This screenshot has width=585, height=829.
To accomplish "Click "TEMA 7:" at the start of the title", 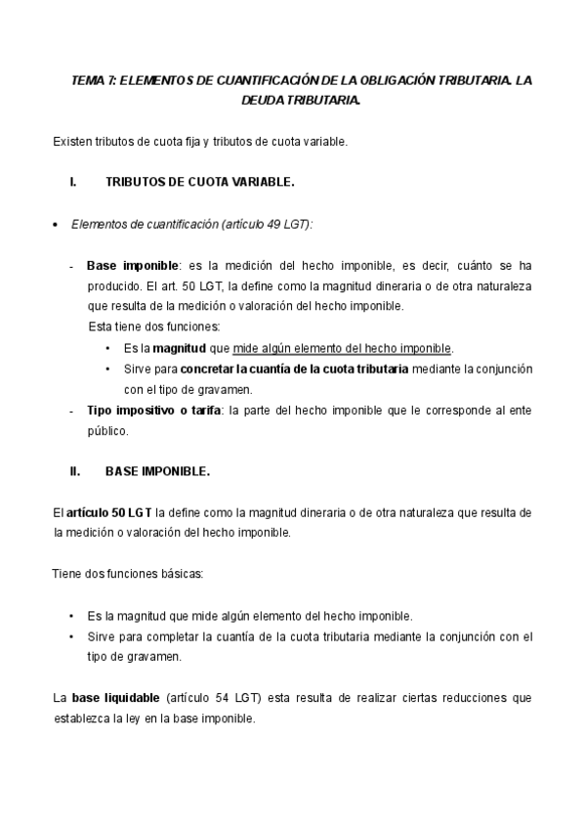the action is point(94,81).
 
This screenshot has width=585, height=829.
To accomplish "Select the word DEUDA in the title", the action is point(261,100).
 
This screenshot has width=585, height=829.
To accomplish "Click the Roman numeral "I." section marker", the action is point(73,182).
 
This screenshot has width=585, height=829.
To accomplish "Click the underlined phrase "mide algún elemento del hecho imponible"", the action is point(342,347).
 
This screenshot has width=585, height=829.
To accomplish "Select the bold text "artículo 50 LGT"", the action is point(108,511).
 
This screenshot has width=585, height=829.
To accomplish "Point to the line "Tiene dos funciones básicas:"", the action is point(128,574).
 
